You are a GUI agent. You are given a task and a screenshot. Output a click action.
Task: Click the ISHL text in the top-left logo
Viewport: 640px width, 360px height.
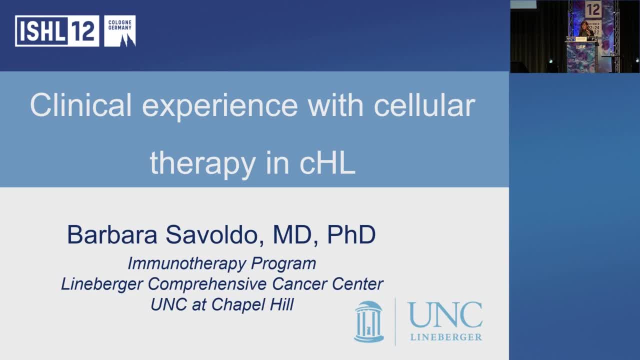pyautogui.click(x=40, y=31)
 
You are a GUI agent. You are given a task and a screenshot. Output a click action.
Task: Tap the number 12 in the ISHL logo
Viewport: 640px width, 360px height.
pyautogui.click(x=83, y=31)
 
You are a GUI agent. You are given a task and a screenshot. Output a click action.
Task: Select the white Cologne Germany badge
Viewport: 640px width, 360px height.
pyautogui.click(x=119, y=31)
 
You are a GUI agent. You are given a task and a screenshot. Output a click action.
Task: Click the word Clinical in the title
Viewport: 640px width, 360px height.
pyautogui.click(x=80, y=105)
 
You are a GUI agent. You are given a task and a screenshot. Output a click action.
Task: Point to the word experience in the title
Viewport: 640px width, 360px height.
pyautogui.click(x=219, y=105)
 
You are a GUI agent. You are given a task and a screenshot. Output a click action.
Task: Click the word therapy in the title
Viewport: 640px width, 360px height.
pyautogui.click(x=202, y=163)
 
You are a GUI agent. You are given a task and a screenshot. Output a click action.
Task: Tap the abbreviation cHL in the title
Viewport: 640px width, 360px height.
pyautogui.click(x=327, y=163)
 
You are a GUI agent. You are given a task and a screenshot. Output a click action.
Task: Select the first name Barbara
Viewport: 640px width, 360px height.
pyautogui.click(x=112, y=235)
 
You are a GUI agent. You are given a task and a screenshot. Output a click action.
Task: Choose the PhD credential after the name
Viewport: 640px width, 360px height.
pyautogui.click(x=351, y=235)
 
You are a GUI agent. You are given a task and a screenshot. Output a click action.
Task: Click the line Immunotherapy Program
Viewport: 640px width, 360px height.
pyautogui.click(x=221, y=263)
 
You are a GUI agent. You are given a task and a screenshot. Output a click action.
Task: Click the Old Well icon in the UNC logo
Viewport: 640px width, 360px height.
pyautogui.click(x=368, y=321)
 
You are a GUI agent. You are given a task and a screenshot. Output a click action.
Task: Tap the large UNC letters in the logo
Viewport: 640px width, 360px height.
pyautogui.click(x=445, y=315)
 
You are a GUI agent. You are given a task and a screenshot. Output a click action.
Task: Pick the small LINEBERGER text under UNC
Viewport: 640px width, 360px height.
pyautogui.click(x=446, y=337)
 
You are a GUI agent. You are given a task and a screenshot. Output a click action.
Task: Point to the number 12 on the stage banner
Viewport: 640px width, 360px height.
pyautogui.click(x=593, y=9)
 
